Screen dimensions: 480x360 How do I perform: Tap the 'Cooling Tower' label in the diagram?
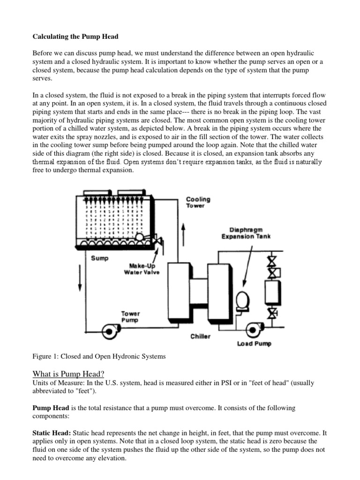[198, 202]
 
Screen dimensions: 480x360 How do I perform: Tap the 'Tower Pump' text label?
[130, 317]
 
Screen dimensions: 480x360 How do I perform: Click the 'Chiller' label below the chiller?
[201, 336]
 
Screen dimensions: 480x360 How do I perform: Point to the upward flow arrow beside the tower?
[184, 232]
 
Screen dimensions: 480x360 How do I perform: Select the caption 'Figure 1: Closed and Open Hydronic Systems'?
[99, 356]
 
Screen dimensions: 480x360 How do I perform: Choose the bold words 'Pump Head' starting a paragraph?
[50, 408]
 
